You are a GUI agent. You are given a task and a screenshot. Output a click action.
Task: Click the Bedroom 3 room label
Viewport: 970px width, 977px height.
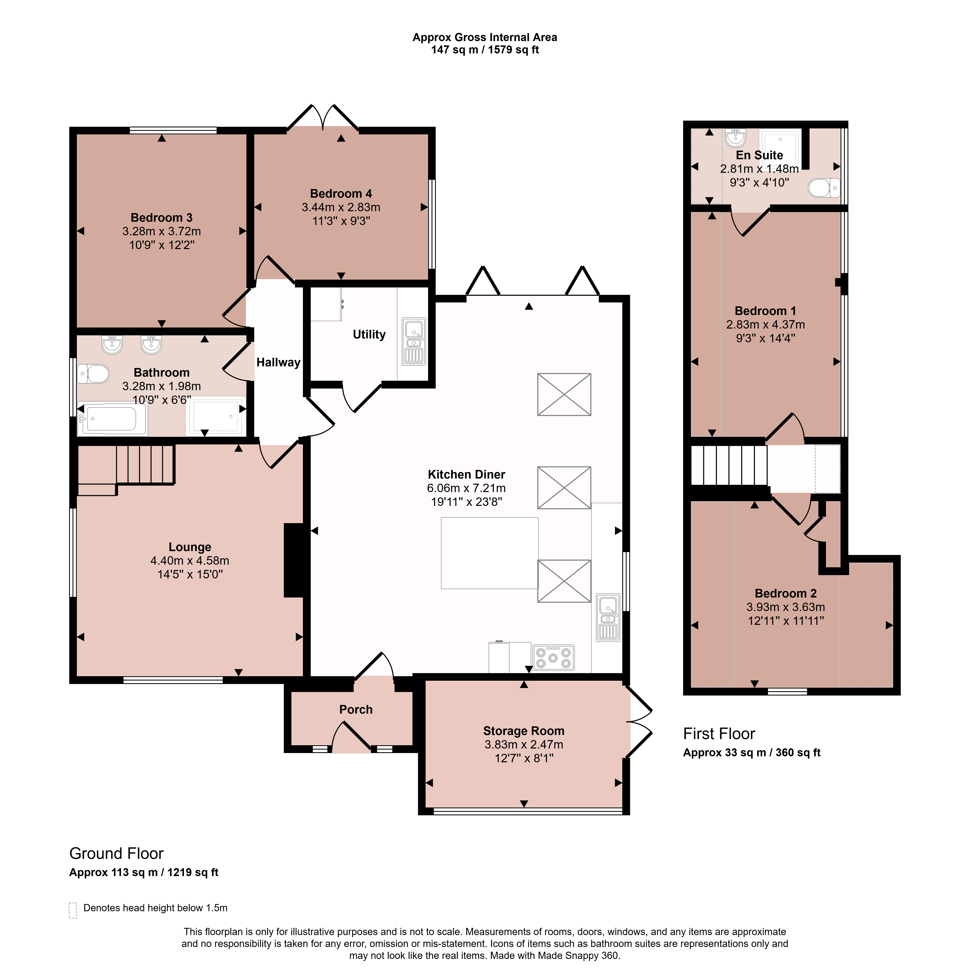coord(161,218)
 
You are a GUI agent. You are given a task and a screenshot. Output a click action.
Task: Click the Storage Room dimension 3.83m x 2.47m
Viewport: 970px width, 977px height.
coord(524,744)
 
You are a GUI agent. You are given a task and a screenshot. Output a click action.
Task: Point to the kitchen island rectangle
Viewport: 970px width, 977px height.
coord(490,553)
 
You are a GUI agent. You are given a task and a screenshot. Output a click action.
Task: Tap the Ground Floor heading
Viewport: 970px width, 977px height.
coord(116,854)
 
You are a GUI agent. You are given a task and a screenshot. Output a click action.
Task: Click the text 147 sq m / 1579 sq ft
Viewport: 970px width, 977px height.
coord(485,50)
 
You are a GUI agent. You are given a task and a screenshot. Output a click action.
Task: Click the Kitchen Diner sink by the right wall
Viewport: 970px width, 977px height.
coord(608,617)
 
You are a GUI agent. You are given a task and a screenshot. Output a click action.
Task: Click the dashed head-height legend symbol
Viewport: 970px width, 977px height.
coord(73,910)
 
